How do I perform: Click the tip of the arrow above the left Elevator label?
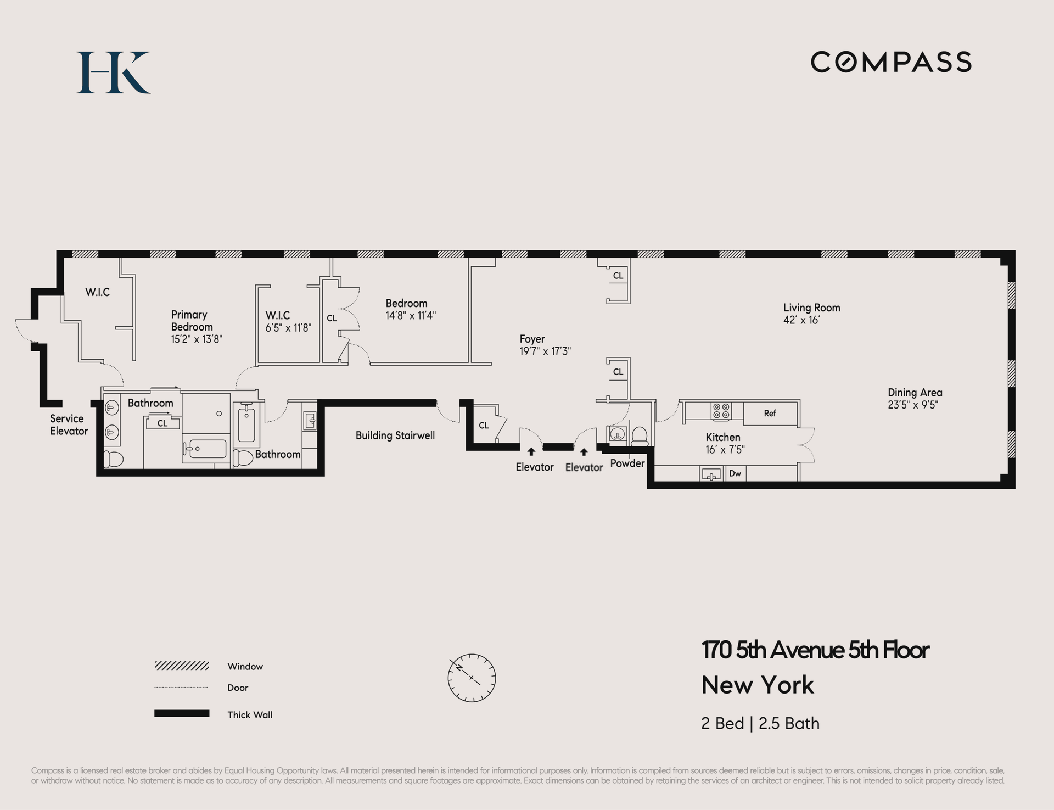point(531,448)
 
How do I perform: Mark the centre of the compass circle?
point(472,678)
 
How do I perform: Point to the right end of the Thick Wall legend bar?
point(209,713)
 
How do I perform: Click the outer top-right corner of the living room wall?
point(1015,251)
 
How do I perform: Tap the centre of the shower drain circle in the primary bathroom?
point(219,414)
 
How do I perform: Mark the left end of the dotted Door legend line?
point(155,687)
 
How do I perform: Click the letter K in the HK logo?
point(131,72)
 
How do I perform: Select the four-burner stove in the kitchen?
point(721,411)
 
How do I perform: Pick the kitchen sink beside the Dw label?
point(711,474)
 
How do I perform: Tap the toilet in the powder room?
point(639,436)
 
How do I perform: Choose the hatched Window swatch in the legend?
point(182,666)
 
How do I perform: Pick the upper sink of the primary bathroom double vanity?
point(112,408)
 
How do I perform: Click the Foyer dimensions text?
point(545,351)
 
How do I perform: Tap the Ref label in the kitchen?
point(770,413)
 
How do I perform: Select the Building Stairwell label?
point(395,435)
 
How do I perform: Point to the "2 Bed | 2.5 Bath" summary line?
point(760,723)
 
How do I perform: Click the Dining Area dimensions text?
point(913,405)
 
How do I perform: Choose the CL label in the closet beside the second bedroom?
point(332,318)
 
